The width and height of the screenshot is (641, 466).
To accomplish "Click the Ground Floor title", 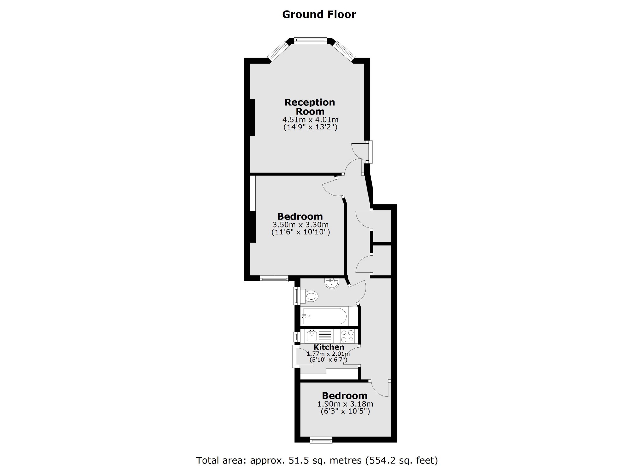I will click(319, 15).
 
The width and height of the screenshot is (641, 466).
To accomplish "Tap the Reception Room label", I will click(310, 107).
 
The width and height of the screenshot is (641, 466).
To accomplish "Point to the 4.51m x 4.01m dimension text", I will click(310, 120).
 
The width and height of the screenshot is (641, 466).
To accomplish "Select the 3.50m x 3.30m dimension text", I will click(300, 225).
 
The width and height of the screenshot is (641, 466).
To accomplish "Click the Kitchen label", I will click(329, 347).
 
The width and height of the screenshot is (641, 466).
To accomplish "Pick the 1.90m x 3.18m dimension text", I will click(345, 404).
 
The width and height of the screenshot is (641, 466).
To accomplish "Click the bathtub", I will click(324, 316).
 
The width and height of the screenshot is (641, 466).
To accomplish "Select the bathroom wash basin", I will click(332, 283).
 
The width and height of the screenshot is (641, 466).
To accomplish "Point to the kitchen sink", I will click(312, 335).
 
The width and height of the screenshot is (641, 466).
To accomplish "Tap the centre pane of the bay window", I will click(310, 40).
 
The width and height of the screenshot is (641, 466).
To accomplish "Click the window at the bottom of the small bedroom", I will click(321, 440).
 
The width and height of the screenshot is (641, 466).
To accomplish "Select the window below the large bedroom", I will click(274, 279).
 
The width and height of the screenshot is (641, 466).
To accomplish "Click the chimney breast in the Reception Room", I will click(252, 117).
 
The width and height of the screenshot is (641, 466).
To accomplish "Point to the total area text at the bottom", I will click(317, 460).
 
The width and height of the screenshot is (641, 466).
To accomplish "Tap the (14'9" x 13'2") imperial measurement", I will click(310, 127).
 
